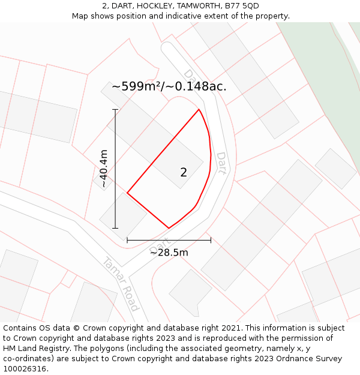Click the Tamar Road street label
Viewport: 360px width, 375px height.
(121, 284)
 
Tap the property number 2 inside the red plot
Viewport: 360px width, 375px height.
(184, 172)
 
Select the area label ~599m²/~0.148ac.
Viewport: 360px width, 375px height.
(169, 86)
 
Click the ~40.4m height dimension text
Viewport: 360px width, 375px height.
(104, 169)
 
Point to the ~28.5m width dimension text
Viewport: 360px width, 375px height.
(169, 253)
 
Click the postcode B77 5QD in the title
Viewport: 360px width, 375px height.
(244, 6)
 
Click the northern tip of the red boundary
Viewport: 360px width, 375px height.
(199, 109)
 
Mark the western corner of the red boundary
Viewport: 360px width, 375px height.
(127, 193)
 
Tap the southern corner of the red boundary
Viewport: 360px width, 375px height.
(169, 229)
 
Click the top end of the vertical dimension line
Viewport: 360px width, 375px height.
(115, 109)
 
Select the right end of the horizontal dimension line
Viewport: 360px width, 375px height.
(211, 240)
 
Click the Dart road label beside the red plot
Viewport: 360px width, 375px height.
(221, 163)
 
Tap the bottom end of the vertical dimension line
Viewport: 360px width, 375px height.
(115, 229)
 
